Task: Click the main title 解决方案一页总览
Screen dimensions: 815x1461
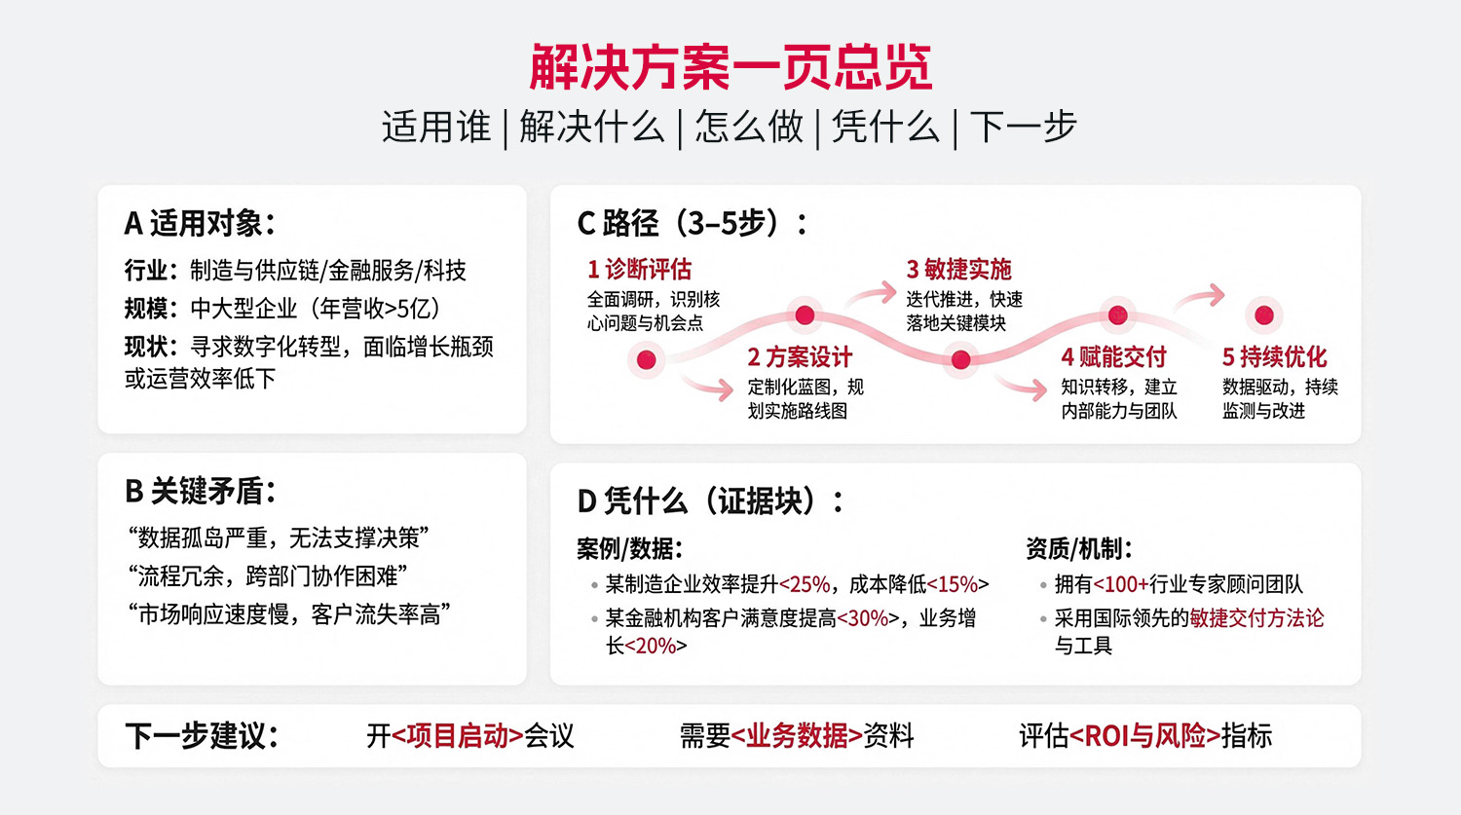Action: [730, 67]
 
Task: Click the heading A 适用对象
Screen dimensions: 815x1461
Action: [200, 224]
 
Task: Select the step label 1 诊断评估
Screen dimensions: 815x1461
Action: [639, 269]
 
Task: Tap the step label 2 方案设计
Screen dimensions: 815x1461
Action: [800, 357]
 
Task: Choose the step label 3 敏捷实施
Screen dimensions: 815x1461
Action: [958, 269]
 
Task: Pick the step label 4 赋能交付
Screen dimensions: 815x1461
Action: [1113, 357]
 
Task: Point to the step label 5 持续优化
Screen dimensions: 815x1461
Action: [1274, 357]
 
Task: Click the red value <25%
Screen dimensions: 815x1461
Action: [805, 584]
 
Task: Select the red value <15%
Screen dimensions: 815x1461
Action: [957, 584]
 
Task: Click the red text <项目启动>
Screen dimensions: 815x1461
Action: [457, 736]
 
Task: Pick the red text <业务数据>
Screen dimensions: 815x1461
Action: [796, 736]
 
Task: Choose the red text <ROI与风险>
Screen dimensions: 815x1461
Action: [1144, 736]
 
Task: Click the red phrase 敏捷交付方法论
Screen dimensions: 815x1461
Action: [1256, 618]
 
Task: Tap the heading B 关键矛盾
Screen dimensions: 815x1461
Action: [200, 492]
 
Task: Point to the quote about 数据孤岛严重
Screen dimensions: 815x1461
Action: [279, 537]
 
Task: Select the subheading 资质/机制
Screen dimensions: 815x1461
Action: [1078, 549]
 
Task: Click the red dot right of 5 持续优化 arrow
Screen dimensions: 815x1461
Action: [1264, 315]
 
